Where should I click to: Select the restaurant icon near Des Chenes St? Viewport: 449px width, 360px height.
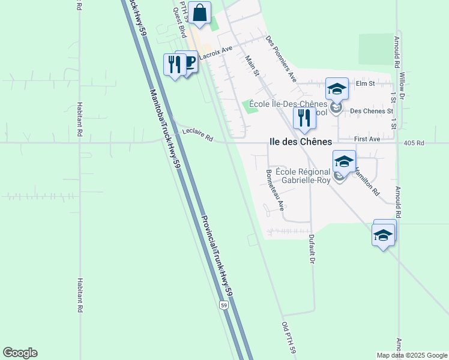coord(304,118)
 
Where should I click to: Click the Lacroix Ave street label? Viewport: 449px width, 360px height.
coord(215,52)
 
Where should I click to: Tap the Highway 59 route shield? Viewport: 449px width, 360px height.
coord(223,305)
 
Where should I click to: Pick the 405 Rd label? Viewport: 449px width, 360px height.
coord(414,143)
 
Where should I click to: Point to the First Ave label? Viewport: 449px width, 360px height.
coord(367,139)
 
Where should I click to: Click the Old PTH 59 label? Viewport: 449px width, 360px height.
coord(289,338)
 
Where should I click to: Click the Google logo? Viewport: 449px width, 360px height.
coord(20,353)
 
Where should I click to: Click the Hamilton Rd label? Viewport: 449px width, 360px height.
coord(367,180)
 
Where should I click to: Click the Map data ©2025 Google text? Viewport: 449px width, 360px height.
coord(411,355)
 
